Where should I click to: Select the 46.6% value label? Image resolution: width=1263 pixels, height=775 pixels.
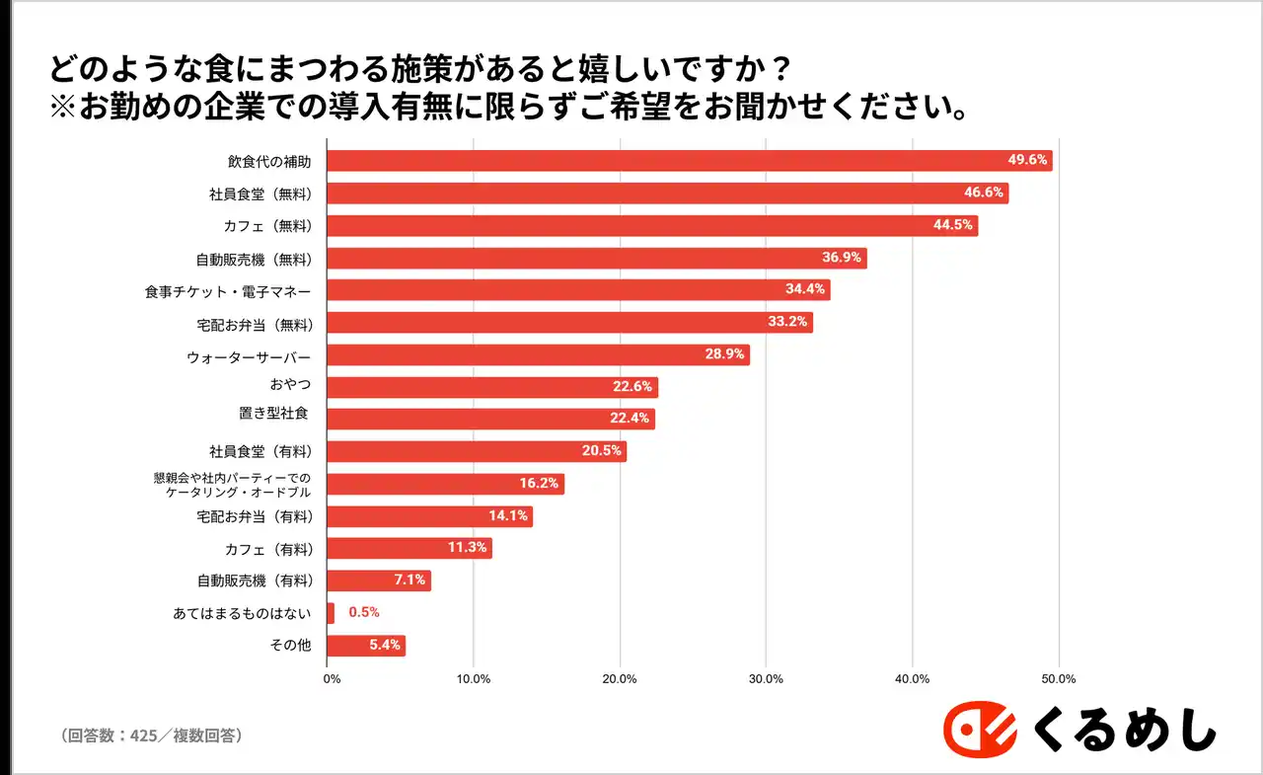tap(984, 194)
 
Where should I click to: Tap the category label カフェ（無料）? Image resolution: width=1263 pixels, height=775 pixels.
tap(268, 226)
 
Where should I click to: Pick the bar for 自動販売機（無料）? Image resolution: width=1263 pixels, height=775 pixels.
tap(596, 259)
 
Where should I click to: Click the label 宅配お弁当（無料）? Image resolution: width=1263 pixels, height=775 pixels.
tap(255, 323)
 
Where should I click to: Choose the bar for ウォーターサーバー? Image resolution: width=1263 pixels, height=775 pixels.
tap(538, 355)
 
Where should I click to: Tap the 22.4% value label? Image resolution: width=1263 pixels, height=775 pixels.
tap(630, 419)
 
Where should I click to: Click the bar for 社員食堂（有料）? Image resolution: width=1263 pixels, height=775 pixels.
tap(476, 451)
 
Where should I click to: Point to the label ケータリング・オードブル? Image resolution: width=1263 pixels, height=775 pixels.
tap(240, 492)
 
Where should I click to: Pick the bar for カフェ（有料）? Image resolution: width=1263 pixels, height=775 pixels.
tap(409, 549)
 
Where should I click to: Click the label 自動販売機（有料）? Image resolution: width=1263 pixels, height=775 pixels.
tap(255, 581)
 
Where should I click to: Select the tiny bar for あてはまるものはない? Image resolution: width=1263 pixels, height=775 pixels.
tap(331, 613)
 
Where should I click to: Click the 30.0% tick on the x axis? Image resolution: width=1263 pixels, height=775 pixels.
tap(767, 678)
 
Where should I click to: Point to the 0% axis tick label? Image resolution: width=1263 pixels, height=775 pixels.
tap(333, 678)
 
